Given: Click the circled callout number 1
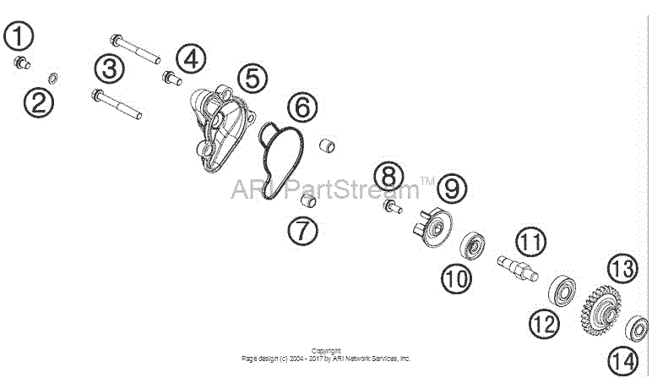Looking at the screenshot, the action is tap(19, 36).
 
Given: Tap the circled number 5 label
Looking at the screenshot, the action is tap(253, 79).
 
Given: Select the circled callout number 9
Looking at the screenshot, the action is tap(452, 189).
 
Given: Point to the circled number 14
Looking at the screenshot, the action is tap(622, 361).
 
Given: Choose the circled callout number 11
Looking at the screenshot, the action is tap(531, 242).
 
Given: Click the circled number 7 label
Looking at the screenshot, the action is tap(302, 230).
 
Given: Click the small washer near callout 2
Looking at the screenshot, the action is tap(53, 78).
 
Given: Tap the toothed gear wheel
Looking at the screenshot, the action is tap(600, 310).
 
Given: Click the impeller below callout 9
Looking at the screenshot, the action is tap(432, 227).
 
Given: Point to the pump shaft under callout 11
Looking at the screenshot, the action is tap(518, 268).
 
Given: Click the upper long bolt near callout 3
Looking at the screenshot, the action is tap(135, 49).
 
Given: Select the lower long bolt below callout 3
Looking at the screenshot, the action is tap(117, 104).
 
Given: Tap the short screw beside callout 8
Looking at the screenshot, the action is tap(393, 206).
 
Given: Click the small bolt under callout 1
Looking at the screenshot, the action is tap(22, 63).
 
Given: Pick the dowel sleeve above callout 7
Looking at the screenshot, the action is tap(327, 145).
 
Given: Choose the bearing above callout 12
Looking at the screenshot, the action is tap(562, 290).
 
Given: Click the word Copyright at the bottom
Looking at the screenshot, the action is tap(326, 351).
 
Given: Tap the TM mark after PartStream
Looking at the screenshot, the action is tap(427, 181).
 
